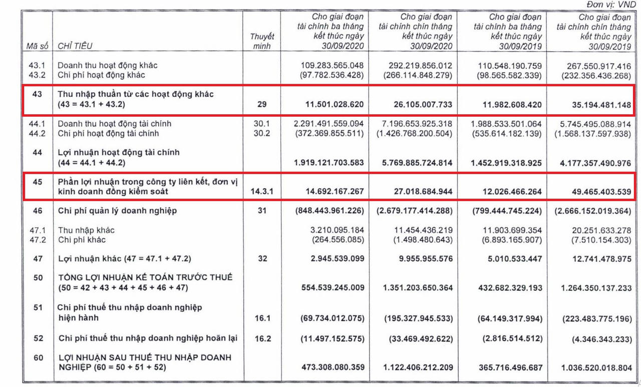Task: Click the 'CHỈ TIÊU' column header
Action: pos(75,46)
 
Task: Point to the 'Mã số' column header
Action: pos(37,46)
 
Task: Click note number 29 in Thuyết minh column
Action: pos(263,105)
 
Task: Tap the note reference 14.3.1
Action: pos(263,191)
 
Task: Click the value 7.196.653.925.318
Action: pos(416,123)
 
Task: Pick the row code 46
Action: pos(37,211)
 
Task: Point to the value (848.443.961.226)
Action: pos(329,211)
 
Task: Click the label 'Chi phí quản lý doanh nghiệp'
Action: pos(117,211)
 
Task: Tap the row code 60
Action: pos(37,357)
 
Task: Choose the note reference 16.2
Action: pos(263,338)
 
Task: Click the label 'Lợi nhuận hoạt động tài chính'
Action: pos(119,152)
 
